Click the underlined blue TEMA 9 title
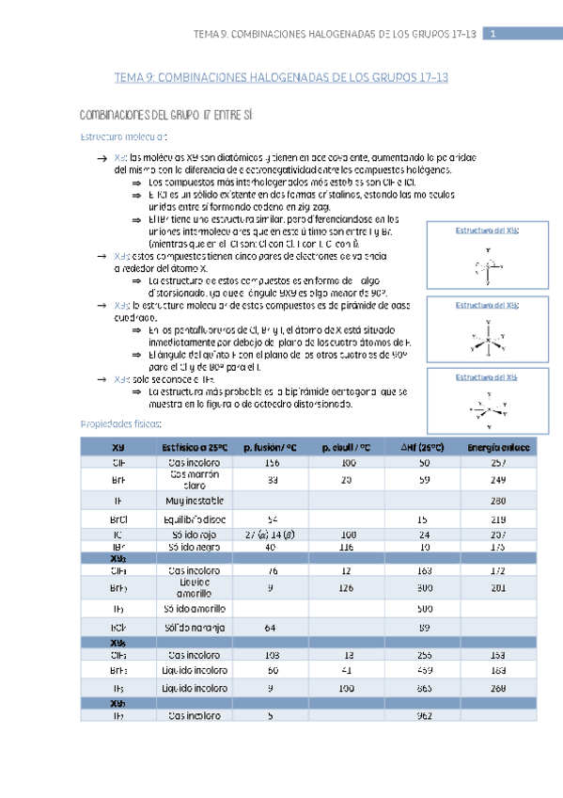[281, 79]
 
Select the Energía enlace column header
[498, 448]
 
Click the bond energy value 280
[498, 499]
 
